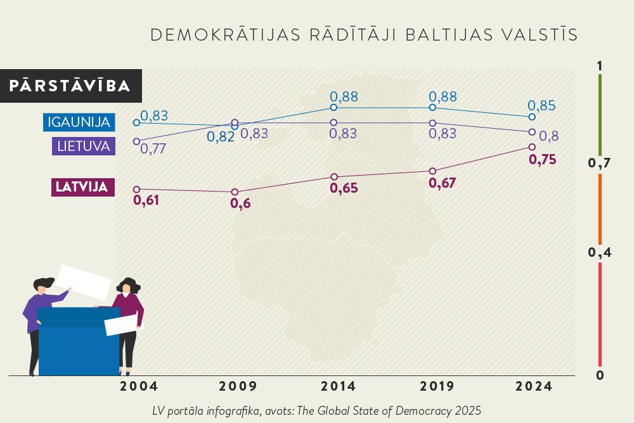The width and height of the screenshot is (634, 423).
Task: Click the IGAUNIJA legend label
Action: [79, 122]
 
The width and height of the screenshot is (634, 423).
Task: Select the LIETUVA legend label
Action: [84, 146]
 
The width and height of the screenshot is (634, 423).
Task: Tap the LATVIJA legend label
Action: [83, 187]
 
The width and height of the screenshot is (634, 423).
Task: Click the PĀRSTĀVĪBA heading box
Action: [70, 86]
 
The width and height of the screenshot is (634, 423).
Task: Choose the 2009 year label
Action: [238, 386]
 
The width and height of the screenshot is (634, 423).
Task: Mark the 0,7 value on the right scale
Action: [599, 164]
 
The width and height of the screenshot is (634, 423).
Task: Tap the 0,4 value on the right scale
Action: [599, 253]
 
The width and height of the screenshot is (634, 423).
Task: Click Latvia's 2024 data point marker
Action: [532, 147]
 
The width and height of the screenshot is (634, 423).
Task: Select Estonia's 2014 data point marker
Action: [333, 108]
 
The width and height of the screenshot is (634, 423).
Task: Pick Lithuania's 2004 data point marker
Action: [136, 141]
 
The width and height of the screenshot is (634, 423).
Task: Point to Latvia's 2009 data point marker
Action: [235, 192]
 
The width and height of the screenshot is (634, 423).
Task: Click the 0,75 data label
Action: [542, 160]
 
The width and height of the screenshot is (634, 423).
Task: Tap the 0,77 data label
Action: [152, 150]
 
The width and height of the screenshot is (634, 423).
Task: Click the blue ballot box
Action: [79, 342]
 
